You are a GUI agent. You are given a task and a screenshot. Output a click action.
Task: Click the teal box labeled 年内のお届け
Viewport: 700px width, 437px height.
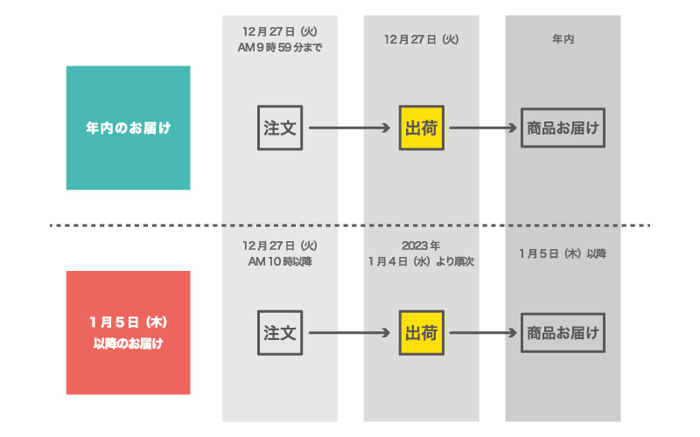tap(128, 128)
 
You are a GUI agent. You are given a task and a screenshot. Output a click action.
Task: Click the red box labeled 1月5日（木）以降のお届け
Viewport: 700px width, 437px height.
tap(128, 333)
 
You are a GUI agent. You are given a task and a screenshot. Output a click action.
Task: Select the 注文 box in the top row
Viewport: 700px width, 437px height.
tap(280, 128)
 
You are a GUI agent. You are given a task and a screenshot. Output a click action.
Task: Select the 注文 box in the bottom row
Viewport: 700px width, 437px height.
tap(280, 333)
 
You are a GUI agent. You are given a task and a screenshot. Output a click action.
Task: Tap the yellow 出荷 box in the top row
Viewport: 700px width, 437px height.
tap(422, 128)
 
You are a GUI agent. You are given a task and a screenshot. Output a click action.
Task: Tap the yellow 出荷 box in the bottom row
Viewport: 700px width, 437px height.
tap(422, 333)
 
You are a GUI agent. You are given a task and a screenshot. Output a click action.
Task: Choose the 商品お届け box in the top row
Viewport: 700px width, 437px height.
tap(563, 128)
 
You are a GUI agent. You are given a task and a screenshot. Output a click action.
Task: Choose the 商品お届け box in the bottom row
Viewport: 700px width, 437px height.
tap(563, 333)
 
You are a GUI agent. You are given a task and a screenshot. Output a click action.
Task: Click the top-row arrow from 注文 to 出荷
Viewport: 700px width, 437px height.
tap(349, 128)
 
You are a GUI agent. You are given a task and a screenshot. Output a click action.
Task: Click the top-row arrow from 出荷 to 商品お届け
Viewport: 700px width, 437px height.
tap(483, 128)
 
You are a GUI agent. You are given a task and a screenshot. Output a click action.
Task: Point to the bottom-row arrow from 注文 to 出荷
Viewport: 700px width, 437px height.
tap(349, 333)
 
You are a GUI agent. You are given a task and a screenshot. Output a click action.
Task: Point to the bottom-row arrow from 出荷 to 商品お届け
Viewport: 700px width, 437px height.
tap(483, 333)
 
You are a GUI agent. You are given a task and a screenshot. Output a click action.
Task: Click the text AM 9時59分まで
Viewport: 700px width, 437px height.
tap(280, 47)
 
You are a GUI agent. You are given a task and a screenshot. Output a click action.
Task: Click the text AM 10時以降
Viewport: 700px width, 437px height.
tap(280, 261)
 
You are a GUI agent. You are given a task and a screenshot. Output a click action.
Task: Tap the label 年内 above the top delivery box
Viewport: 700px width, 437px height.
tap(563, 39)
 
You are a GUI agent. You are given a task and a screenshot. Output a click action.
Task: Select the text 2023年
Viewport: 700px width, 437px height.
tap(421, 246)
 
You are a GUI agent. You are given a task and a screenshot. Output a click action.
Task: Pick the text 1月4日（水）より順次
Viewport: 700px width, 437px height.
tap(421, 261)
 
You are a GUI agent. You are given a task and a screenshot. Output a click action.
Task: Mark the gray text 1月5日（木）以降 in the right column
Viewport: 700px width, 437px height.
tap(563, 253)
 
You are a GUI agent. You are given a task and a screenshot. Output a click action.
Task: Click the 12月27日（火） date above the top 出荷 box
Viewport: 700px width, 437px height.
tap(422, 39)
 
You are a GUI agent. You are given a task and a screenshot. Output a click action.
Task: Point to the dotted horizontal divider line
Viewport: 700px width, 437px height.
tap(350, 225)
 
